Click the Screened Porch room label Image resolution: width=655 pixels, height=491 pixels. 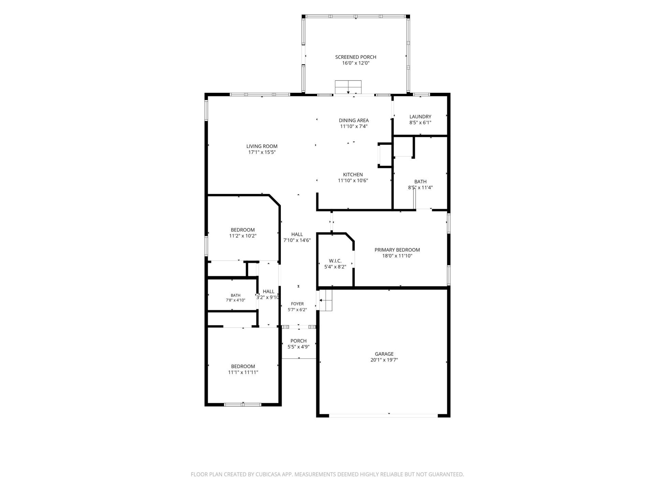pyautogui.click(x=355, y=57)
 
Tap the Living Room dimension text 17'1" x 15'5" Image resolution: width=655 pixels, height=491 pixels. pyautogui.click(x=262, y=152)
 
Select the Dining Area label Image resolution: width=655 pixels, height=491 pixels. pyautogui.click(x=354, y=120)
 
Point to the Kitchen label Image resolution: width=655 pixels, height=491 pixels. pyautogui.click(x=353, y=175)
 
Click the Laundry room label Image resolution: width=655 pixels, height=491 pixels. pyautogui.click(x=420, y=117)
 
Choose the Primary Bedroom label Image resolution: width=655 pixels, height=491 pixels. pyautogui.click(x=397, y=250)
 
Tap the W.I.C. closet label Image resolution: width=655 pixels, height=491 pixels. pyautogui.click(x=335, y=261)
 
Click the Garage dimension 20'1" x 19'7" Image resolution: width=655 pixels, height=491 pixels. pyautogui.click(x=384, y=360)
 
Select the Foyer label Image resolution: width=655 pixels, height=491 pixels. pyautogui.click(x=297, y=304)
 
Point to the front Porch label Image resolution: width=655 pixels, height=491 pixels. pyautogui.click(x=299, y=341)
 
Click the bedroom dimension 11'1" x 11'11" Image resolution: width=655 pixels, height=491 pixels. pyautogui.click(x=243, y=372)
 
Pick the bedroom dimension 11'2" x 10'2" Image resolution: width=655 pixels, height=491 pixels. pyautogui.click(x=243, y=236)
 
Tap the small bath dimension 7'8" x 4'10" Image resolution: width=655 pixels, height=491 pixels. pyautogui.click(x=235, y=300)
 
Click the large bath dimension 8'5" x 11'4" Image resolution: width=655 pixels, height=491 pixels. pyautogui.click(x=420, y=188)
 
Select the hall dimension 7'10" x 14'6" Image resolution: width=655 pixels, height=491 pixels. pyautogui.click(x=297, y=240)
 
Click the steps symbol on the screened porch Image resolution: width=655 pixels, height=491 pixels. pyautogui.click(x=348, y=87)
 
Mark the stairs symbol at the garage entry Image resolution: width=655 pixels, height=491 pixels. pyautogui.click(x=326, y=300)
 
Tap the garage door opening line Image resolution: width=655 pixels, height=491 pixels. pyautogui.click(x=383, y=415)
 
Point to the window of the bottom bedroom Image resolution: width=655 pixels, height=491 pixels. pyautogui.click(x=243, y=405)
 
